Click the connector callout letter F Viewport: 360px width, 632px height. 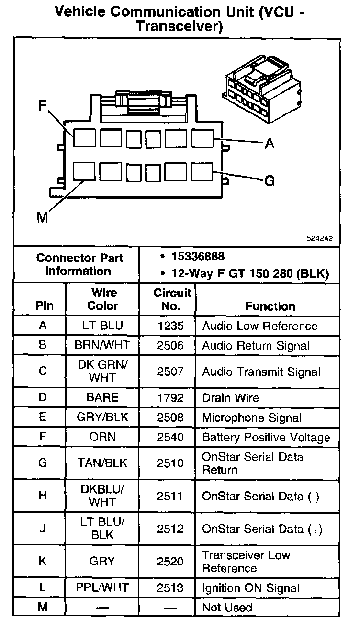click(43, 106)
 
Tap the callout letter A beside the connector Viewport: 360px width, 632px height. click(270, 143)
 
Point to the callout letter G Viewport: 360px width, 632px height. click(270, 181)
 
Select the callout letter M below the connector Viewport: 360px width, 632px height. click(43, 217)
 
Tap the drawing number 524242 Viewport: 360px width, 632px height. click(320, 238)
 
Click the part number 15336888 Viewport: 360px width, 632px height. click(198, 257)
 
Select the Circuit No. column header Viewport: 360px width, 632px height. click(172, 299)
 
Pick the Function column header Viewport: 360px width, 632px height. click(270, 306)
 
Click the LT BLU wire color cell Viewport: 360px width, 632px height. click(102, 326)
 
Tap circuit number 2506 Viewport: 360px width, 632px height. click(170, 346)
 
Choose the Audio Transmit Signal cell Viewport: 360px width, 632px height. click(261, 372)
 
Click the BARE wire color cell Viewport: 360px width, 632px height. click(102, 397)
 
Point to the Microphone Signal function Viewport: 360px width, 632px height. click(252, 418)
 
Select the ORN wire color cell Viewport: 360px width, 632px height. click(102, 437)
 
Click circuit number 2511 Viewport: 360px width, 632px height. click(170, 496)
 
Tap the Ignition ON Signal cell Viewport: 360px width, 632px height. click(251, 588)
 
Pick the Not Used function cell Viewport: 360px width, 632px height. click(227, 608)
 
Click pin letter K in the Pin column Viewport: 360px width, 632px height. click(43, 561)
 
